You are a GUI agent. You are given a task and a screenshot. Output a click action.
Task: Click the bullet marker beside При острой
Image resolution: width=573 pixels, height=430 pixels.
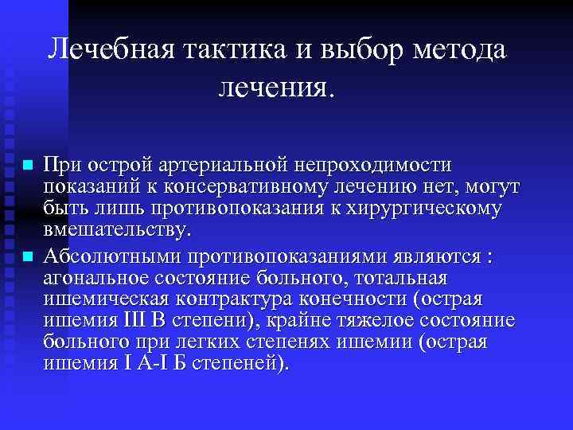[27, 166]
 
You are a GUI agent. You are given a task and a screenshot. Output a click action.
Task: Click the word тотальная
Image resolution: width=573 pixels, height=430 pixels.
[403, 278]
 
